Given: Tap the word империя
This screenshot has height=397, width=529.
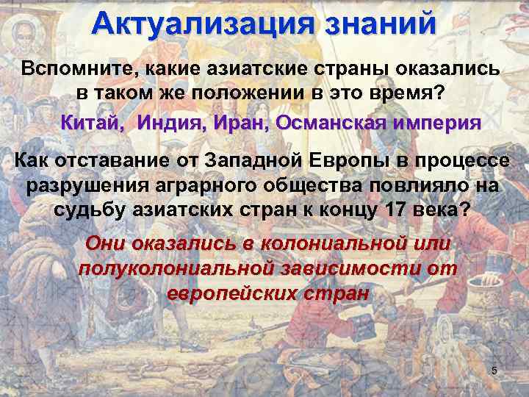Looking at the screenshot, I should pyautogui.click(x=439, y=124).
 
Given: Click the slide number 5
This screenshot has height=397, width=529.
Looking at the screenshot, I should pyautogui.click(x=494, y=371).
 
